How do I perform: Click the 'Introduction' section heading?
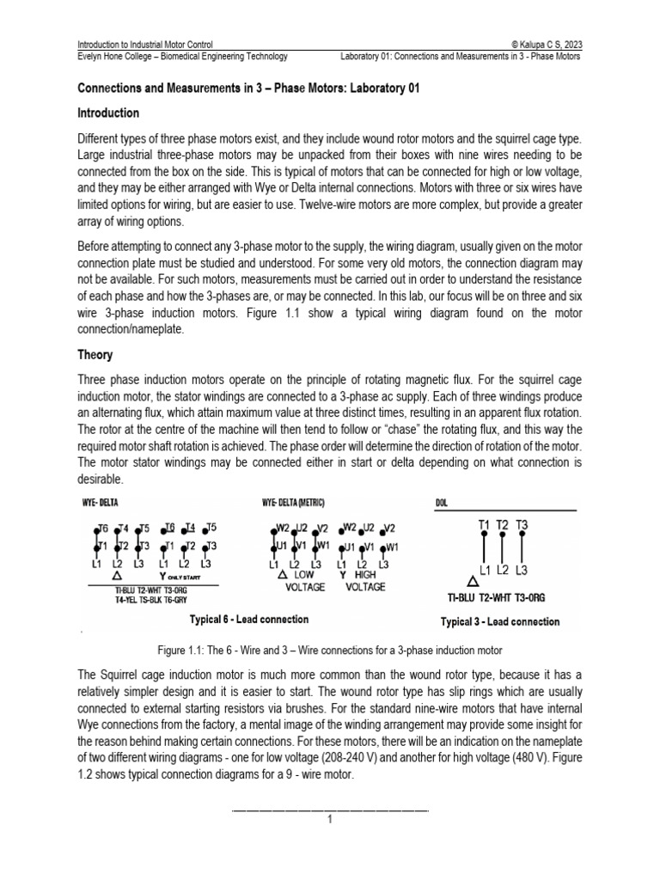coord(108,113)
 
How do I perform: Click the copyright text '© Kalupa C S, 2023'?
coord(539,43)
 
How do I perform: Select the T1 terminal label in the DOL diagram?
coord(484,523)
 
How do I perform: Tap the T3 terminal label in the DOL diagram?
coord(522,523)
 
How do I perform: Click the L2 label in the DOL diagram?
coord(504,571)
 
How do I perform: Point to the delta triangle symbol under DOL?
coord(473,582)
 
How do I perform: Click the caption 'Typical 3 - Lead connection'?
coord(499,621)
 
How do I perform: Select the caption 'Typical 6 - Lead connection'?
coord(248,619)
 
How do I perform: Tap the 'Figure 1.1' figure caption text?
coord(330,650)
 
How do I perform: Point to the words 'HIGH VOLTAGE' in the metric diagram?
coord(364,581)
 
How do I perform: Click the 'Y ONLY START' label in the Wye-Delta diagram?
coord(180,576)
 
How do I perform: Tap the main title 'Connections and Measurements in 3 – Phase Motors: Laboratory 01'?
coord(248,89)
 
